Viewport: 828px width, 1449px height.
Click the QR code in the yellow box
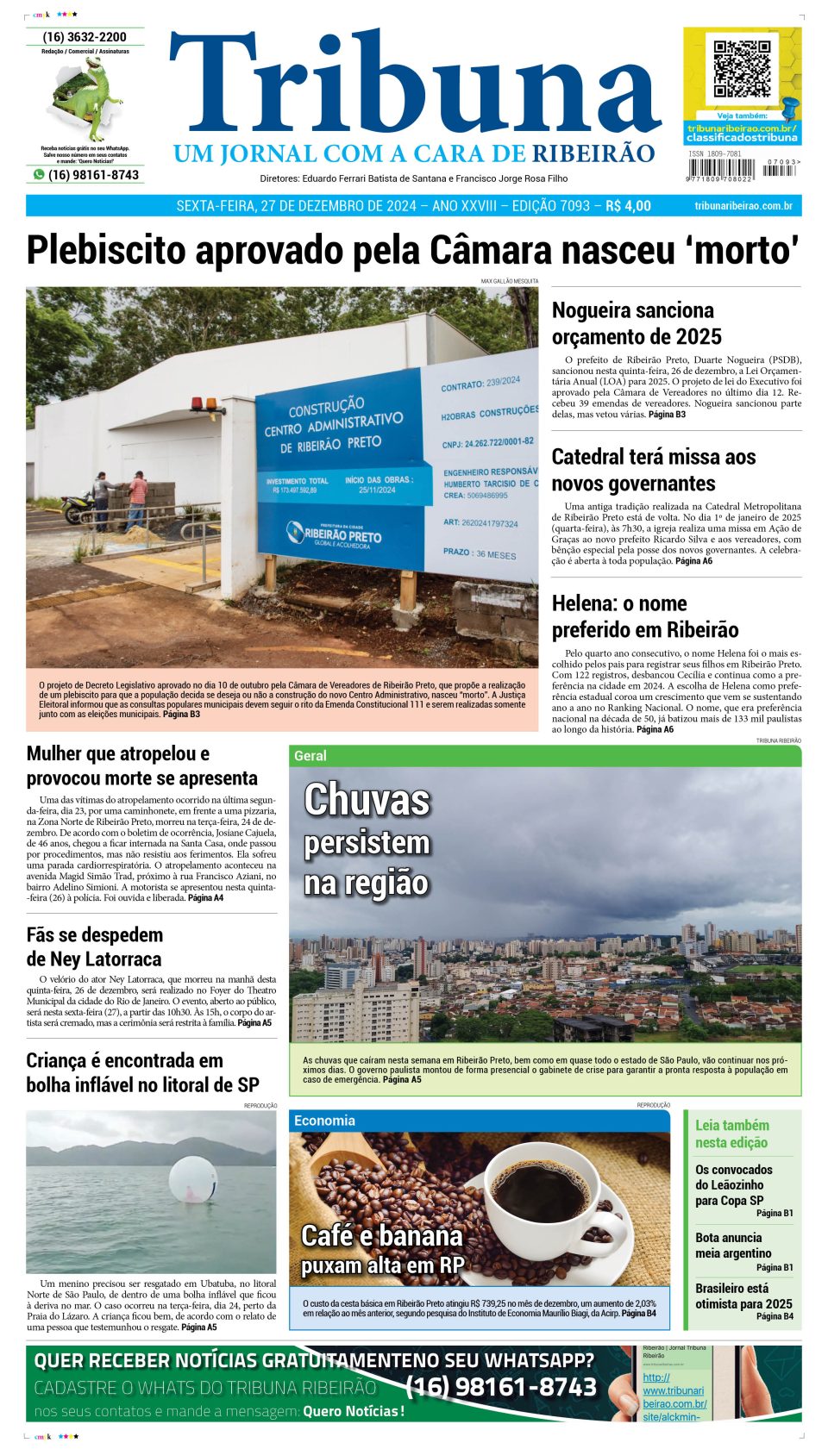[x=742, y=68]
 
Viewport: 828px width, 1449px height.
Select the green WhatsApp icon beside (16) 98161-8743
[x=39, y=174]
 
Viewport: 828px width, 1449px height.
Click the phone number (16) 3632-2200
[x=85, y=37]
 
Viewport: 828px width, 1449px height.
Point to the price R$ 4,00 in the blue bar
[x=628, y=206]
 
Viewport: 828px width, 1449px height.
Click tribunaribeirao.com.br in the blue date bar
[x=743, y=206]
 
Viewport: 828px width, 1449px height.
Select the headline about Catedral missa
[x=653, y=470]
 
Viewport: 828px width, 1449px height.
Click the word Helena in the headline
[x=584, y=603]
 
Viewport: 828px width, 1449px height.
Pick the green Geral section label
[x=310, y=756]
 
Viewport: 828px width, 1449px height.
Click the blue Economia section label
[x=324, y=1121]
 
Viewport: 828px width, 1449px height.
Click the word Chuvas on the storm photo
[x=367, y=799]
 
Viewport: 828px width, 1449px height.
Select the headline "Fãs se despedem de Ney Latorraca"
[x=95, y=946]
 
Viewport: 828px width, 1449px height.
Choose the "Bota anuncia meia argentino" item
[x=733, y=1246]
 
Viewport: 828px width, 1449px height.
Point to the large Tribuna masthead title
[x=414, y=86]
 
